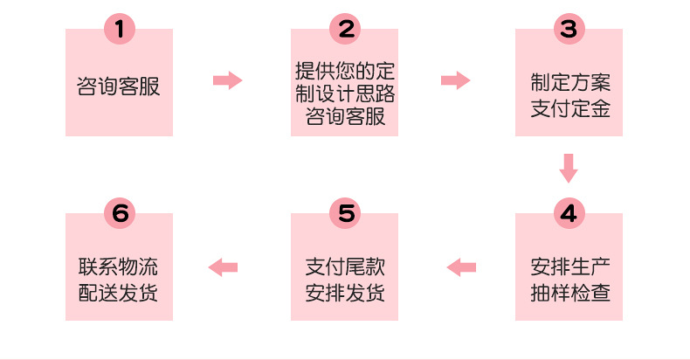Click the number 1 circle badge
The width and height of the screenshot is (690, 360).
pyautogui.click(x=120, y=29)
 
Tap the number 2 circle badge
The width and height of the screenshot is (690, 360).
pyautogui.click(x=345, y=29)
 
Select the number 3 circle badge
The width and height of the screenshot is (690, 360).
pyautogui.click(x=569, y=29)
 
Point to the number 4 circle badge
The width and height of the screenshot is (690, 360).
pyautogui.click(x=569, y=213)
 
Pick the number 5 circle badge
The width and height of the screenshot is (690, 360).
pyautogui.click(x=345, y=213)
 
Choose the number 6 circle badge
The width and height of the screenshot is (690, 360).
pyautogui.click(x=120, y=213)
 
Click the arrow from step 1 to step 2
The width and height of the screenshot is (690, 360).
pyautogui.click(x=227, y=80)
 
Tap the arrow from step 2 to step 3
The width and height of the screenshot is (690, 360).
pyautogui.click(x=455, y=80)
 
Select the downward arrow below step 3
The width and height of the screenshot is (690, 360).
pyautogui.click(x=569, y=167)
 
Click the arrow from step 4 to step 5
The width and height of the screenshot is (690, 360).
pyautogui.click(x=462, y=267)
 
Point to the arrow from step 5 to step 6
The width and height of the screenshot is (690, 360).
pyautogui.click(x=224, y=267)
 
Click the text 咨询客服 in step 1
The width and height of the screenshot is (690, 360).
pyautogui.click(x=119, y=86)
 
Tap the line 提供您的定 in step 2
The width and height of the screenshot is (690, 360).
pyautogui.click(x=345, y=68)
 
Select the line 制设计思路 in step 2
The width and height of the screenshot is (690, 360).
pyautogui.click(x=345, y=92)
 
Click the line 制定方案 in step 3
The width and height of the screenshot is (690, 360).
pyautogui.click(x=569, y=83)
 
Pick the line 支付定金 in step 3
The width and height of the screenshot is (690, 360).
pyautogui.click(x=569, y=109)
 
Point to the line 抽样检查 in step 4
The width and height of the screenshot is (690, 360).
pyautogui.click(x=569, y=293)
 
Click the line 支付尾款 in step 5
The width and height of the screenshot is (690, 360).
pyautogui.click(x=345, y=267)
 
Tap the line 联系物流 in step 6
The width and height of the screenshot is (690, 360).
pyautogui.click(x=119, y=267)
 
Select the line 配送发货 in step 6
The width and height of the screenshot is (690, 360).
pyautogui.click(x=119, y=293)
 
